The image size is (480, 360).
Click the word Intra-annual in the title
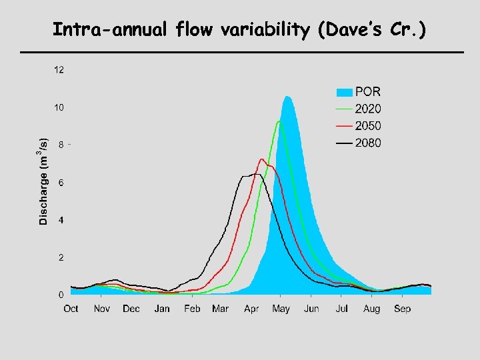pos(93,30)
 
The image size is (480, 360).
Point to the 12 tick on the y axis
pos(59,69)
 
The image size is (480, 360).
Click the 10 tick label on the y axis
pos(59,107)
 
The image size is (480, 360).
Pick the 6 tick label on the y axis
pos(61,182)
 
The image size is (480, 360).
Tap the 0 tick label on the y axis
pos(61,295)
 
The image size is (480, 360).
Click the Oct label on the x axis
pos(71,309)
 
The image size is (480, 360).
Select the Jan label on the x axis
pos(162,309)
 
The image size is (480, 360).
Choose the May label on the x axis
pos(281,309)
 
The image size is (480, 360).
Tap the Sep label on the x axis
pos(402,309)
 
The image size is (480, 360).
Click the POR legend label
pos(368,92)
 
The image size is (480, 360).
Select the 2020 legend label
pos(368,109)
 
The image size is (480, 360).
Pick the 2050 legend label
pos(368,126)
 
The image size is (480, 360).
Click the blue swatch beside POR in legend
pos(343,92)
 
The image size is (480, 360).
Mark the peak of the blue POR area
pos(287,97)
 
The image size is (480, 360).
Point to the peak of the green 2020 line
pos(279,121)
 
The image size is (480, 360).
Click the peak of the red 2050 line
pos(261,159)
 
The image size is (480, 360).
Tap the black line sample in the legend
pos(343,143)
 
